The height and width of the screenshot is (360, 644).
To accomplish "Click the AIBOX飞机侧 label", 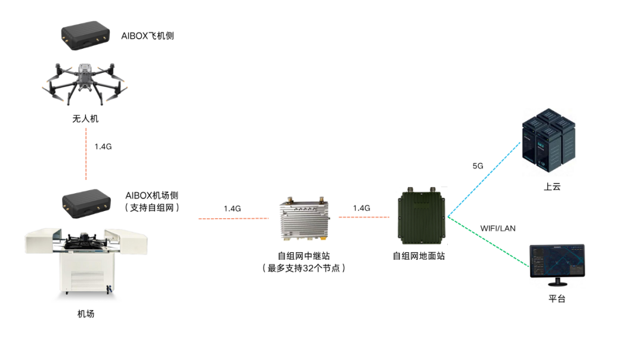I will click(147, 36).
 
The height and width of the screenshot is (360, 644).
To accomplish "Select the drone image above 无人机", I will click(86, 85).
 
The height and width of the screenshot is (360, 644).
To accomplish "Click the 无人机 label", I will click(85, 119).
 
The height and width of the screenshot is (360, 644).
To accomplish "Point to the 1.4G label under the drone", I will click(103, 146).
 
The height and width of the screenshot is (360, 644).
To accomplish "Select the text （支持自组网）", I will click(152, 207).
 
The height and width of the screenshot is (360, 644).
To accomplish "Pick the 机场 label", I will click(86, 314).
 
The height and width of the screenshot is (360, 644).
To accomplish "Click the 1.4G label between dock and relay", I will click(232, 209).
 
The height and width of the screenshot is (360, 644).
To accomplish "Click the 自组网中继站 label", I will click(304, 256).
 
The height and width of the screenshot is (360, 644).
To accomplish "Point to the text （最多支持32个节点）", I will click(304, 268).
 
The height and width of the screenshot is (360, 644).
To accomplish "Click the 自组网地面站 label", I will click(419, 256).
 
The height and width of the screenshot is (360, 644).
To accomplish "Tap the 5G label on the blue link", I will click(478, 166).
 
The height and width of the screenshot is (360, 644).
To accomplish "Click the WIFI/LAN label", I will click(498, 228).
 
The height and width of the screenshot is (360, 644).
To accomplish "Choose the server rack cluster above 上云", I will click(549, 142).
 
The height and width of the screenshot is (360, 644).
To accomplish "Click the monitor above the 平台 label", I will click(556, 265).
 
